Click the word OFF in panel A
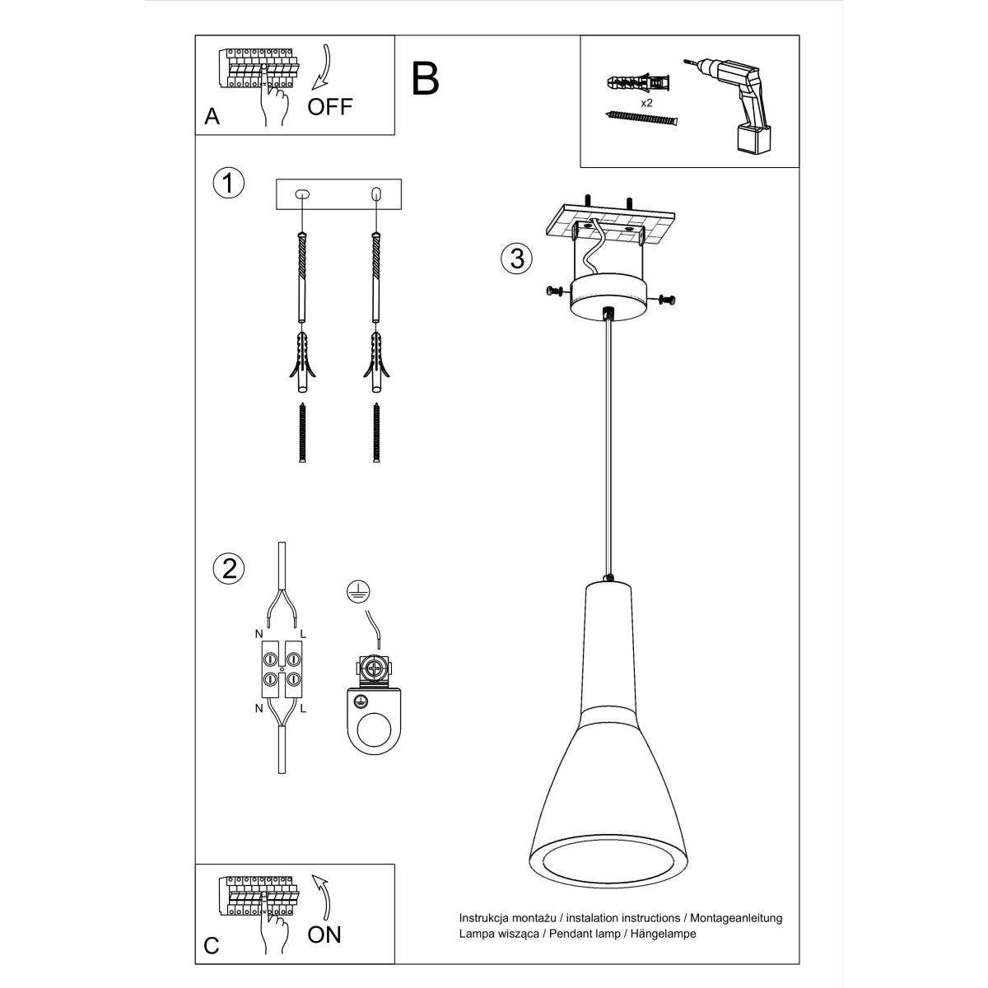pos(330,106)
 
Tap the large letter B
pos(425,79)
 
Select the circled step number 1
pos(228,183)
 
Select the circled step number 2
pos(228,568)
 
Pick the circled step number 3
pos(516,259)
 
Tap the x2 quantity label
pos(646,103)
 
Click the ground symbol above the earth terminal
pos(357,590)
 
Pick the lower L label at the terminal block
pos(303,708)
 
